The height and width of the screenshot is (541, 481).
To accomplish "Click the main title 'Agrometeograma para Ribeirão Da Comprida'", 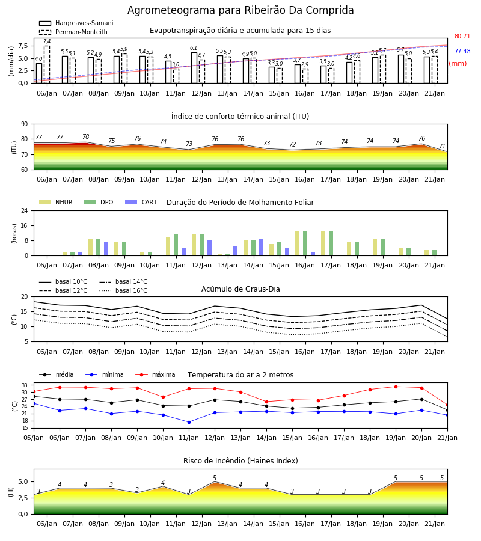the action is [240, 10].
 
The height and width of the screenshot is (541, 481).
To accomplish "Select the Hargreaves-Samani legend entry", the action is [76, 23].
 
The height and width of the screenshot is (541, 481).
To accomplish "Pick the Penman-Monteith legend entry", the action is [73, 32].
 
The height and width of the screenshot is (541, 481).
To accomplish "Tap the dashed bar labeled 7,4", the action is [47, 64].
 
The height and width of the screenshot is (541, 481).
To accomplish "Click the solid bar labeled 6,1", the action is [194, 67].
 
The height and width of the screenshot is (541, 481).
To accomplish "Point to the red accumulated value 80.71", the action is [462, 36].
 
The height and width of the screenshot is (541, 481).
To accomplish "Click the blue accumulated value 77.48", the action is [462, 51].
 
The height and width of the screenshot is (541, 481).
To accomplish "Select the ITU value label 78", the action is [85, 136].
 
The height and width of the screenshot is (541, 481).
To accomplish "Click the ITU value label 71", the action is [442, 146].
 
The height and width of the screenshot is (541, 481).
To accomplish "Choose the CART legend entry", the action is [141, 202].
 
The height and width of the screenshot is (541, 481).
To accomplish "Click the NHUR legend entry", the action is [56, 202].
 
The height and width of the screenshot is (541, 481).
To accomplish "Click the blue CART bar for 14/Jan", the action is [261, 247].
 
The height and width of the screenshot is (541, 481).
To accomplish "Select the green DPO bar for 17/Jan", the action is [331, 243].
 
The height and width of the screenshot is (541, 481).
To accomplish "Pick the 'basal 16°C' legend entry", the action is [123, 290].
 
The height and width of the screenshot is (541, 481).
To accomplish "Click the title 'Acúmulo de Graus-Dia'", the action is [240, 289].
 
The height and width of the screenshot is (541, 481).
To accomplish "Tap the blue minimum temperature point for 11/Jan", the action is [189, 423].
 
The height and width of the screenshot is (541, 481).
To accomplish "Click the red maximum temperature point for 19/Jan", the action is [396, 387].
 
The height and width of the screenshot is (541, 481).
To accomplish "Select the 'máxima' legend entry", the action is [155, 374].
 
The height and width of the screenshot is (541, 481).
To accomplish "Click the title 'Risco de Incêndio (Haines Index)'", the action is [240, 461].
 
